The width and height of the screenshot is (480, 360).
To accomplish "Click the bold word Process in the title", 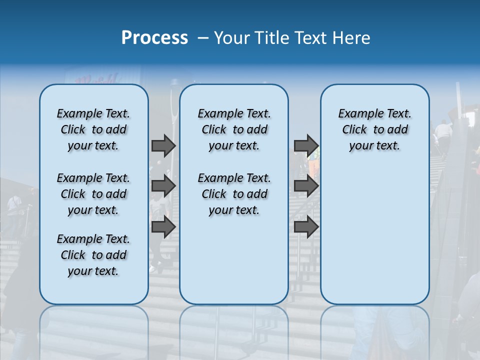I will [154, 38].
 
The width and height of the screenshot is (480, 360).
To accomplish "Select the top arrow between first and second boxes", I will [163, 145].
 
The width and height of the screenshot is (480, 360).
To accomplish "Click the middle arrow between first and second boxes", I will [163, 186].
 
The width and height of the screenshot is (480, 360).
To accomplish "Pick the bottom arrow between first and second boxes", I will [163, 226].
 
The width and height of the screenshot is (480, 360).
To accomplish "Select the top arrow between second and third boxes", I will [306, 145].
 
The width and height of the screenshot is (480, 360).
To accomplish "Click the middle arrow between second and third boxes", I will [306, 186].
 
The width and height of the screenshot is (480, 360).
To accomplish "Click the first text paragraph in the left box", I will [93, 129].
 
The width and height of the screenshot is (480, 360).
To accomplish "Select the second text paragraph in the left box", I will [93, 194].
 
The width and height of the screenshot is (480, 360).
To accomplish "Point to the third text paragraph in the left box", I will [93, 255].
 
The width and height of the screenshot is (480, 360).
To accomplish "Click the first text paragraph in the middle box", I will [234, 129].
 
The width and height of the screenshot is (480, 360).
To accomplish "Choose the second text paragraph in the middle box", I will [234, 194].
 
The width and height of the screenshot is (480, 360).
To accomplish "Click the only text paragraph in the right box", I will [374, 129].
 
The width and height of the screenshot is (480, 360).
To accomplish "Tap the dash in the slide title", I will [203, 38].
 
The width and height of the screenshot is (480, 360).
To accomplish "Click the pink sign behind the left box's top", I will [97, 79].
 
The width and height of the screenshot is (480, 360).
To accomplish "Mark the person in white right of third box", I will [443, 132].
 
